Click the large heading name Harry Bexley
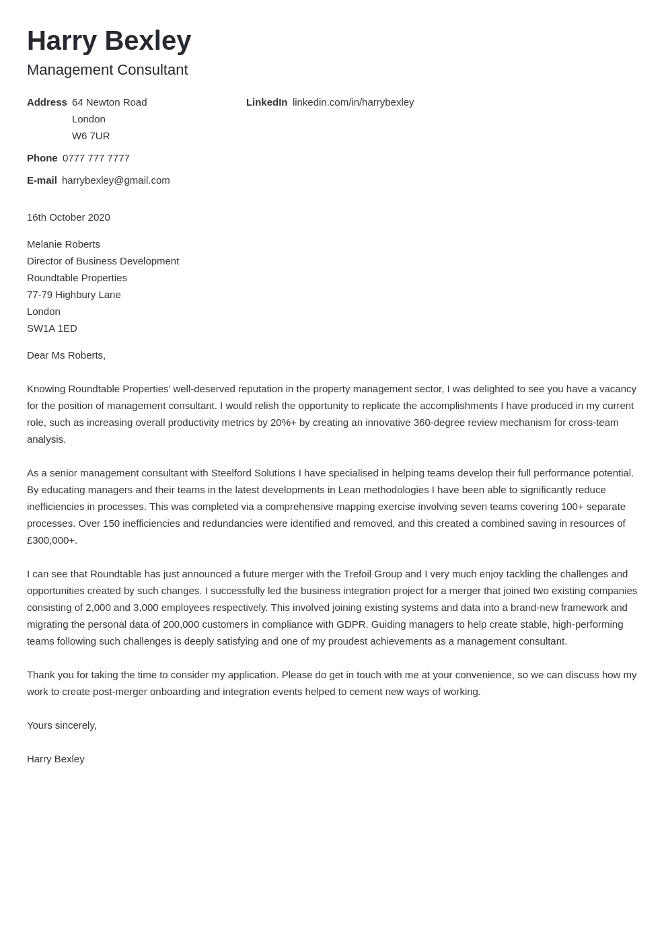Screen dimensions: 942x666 [109, 41]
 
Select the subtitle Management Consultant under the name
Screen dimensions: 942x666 [107, 70]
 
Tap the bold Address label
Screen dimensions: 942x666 [46, 102]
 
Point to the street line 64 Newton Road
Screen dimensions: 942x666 [109, 102]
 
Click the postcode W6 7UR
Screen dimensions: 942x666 [91, 136]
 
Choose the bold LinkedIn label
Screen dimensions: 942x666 [266, 102]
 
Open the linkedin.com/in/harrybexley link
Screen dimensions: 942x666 [353, 102]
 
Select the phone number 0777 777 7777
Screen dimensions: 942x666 [96, 158]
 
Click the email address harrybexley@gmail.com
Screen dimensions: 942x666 [116, 180]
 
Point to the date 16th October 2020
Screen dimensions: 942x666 [69, 217]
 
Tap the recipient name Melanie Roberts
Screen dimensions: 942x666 [63, 244]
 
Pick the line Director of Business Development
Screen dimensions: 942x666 [103, 261]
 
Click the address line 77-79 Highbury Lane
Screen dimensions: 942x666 [74, 295]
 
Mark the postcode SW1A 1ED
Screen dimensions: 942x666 [52, 328]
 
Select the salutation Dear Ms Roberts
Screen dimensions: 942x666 [66, 355]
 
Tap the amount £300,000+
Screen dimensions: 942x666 [52, 540]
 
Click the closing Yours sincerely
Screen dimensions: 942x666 [62, 725]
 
